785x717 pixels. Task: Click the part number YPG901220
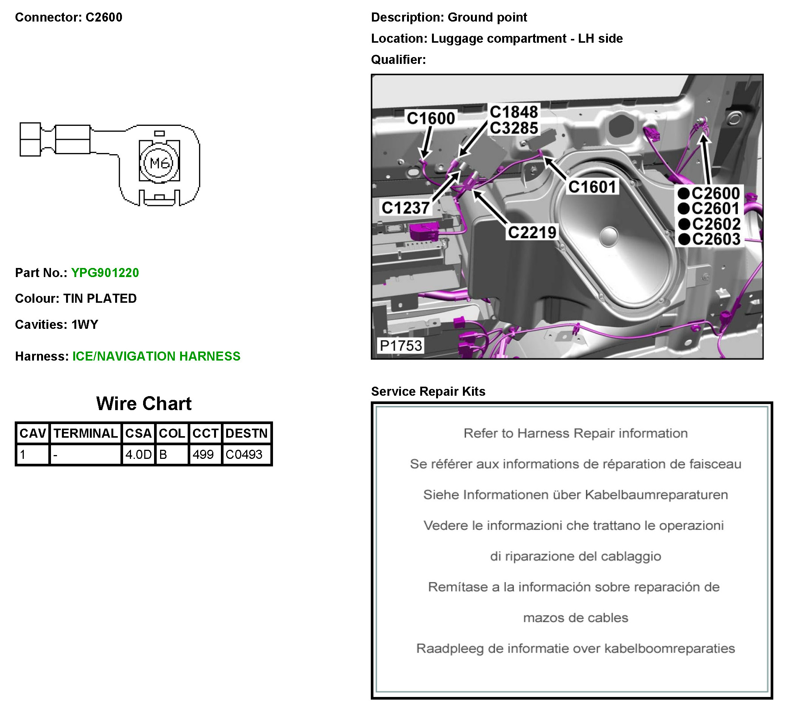coord(105,273)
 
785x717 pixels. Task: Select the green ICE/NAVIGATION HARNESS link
coord(156,356)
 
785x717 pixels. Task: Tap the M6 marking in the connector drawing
coord(160,163)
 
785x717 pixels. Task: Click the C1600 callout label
coord(431,118)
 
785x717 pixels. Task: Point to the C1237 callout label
coord(406,208)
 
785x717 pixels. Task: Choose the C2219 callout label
coord(532,232)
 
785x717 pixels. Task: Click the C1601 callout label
coord(592,187)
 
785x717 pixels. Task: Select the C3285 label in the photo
coord(514,128)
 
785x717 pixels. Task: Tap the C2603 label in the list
coord(716,239)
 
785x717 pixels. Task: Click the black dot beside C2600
coord(684,193)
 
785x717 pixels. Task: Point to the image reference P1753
coord(401,345)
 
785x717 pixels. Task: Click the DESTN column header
coord(247,433)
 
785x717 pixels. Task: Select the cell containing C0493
coord(244,454)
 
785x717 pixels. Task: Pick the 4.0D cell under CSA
coord(138,454)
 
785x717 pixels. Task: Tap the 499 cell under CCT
coord(203,454)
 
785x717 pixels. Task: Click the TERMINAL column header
coord(85,433)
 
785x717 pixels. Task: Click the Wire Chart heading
coord(144,404)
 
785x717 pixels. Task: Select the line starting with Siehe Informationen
coord(575,495)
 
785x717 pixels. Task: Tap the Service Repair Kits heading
coord(428,391)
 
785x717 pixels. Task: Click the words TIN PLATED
coord(100,299)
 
